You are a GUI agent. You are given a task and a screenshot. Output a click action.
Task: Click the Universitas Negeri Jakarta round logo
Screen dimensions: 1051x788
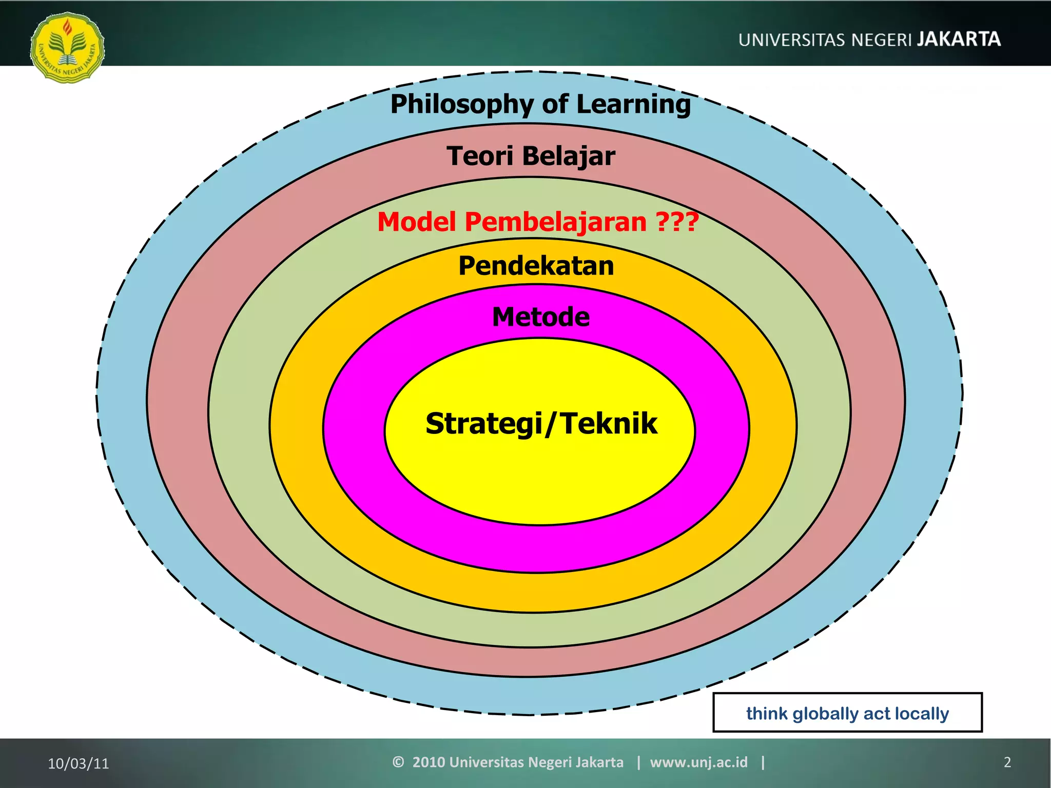coord(67,48)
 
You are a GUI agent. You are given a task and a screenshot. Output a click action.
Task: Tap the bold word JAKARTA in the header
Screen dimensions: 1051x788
coord(959,40)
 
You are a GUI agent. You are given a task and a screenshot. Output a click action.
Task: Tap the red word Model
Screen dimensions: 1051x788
coord(417,222)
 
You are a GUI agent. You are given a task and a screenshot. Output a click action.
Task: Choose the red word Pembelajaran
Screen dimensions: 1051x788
coord(555,223)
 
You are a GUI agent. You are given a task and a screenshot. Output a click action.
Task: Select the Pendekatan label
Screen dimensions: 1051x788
coord(536,266)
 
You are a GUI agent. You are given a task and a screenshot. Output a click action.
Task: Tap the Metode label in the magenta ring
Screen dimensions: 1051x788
coord(540,317)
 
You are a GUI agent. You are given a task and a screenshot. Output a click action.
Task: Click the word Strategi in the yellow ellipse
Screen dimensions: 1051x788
coord(483,424)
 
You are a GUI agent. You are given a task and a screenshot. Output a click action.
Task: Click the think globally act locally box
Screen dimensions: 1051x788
coord(847,713)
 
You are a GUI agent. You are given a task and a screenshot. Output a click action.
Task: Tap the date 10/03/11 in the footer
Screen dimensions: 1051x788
coord(79,763)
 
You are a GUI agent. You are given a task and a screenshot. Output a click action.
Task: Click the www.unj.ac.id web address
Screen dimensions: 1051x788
coord(698,762)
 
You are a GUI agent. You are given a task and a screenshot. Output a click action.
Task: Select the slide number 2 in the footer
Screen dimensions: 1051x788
coord(1007,762)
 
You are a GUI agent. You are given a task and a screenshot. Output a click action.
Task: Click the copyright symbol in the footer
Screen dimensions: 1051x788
coord(398,762)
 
